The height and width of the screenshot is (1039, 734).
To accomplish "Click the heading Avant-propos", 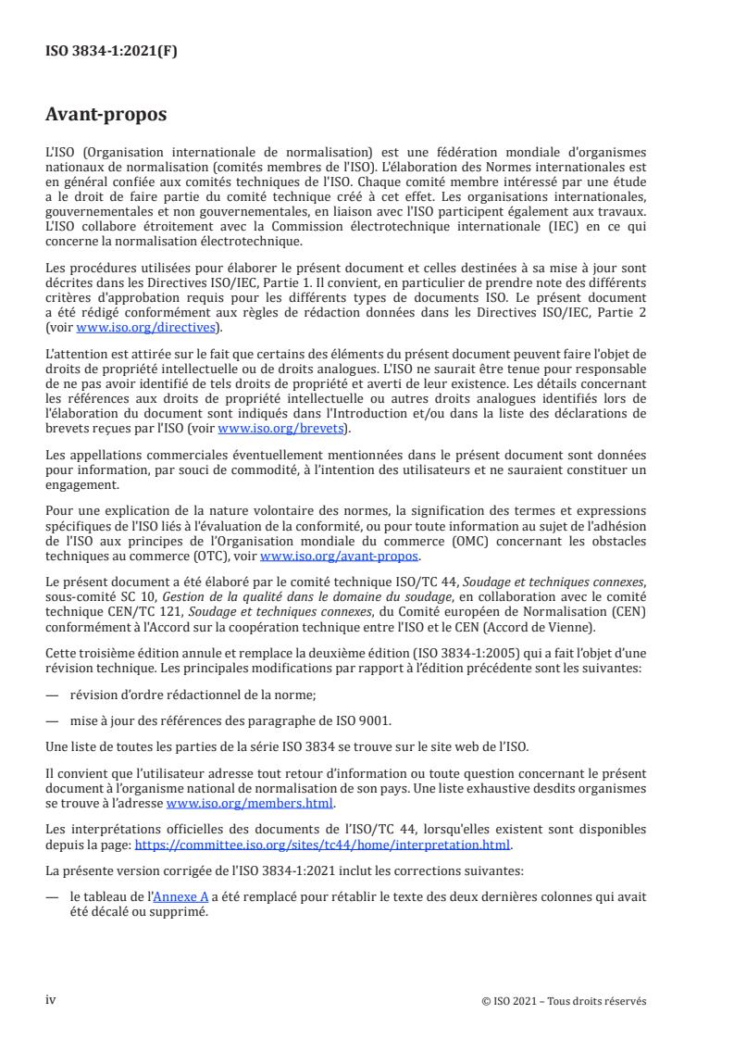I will [x=106, y=116].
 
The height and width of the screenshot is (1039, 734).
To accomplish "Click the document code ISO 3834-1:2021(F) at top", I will [x=111, y=52].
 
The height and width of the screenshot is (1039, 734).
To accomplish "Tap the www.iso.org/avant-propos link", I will [x=340, y=557].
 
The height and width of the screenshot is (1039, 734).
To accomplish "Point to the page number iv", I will [x=51, y=1000].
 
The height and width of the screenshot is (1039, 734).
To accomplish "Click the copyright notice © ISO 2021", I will [x=565, y=1001].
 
